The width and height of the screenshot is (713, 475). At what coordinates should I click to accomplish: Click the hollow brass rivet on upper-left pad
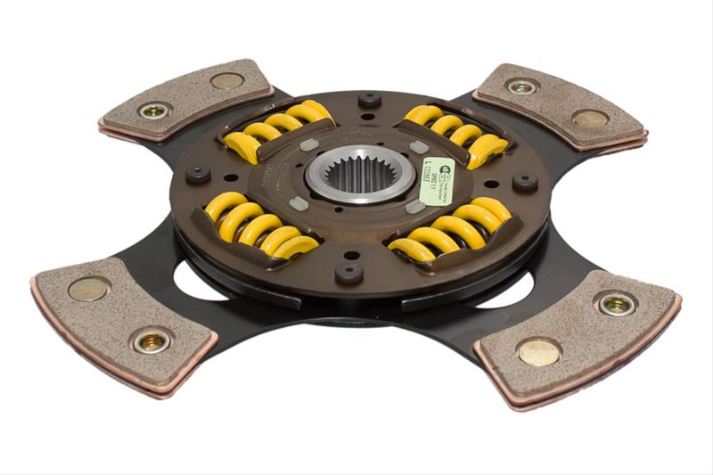[x=156, y=111]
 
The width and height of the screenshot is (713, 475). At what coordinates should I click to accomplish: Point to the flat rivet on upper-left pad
[x=226, y=81]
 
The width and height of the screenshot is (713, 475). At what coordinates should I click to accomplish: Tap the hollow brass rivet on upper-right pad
[x=522, y=86]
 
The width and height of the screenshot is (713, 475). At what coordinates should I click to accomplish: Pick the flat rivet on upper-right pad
[x=590, y=119]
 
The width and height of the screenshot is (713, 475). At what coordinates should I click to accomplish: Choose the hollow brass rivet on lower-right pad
[x=616, y=303]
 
